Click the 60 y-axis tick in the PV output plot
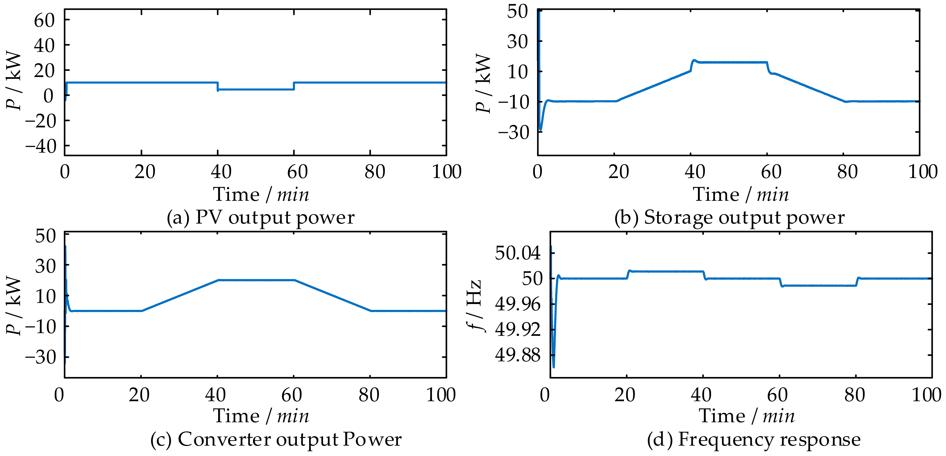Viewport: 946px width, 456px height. [x=44, y=21]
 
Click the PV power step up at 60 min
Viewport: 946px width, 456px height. [x=294, y=86]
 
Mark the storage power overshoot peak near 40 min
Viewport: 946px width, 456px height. [x=694, y=60]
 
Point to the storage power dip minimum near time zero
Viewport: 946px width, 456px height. [x=541, y=130]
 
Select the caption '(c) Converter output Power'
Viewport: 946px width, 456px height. [x=276, y=439]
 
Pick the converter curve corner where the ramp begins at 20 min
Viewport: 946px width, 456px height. [x=142, y=311]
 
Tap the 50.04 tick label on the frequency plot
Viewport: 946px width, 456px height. [x=518, y=253]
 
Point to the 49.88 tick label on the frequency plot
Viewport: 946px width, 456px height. [x=518, y=355]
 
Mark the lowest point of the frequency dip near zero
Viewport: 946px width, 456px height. [x=553, y=367]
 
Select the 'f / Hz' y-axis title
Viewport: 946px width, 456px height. [x=475, y=305]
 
